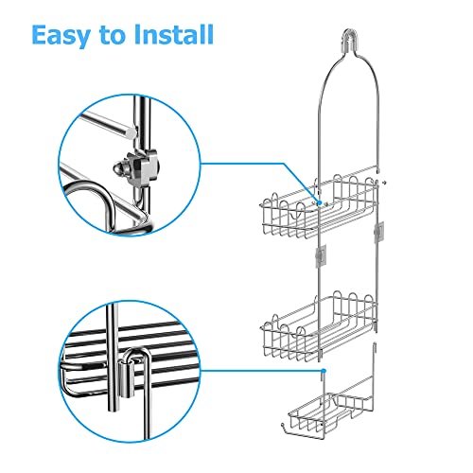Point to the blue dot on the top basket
[320, 201]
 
